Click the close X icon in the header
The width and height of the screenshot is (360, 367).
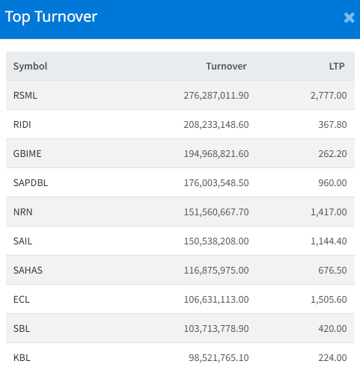pyautogui.click(x=349, y=18)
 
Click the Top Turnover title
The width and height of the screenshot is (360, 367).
pyautogui.click(x=51, y=17)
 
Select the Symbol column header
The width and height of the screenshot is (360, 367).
pyautogui.click(x=30, y=67)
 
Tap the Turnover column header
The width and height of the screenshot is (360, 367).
pyautogui.click(x=226, y=67)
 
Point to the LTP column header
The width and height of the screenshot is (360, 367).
pyautogui.click(x=337, y=67)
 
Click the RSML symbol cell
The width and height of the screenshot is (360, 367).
pyautogui.click(x=25, y=96)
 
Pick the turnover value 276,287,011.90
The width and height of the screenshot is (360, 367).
pyautogui.click(x=216, y=96)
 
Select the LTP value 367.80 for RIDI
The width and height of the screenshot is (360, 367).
pyautogui.click(x=332, y=125)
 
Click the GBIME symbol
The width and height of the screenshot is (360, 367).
pyautogui.click(x=27, y=154)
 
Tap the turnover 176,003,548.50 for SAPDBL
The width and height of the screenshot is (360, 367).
pyautogui.click(x=216, y=183)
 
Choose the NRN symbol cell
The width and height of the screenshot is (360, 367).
pyautogui.click(x=22, y=212)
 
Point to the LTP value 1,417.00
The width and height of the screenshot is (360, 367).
pyautogui.click(x=329, y=212)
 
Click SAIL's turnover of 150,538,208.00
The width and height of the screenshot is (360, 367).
pyautogui.click(x=216, y=241)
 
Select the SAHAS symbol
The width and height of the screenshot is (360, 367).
pyautogui.click(x=28, y=271)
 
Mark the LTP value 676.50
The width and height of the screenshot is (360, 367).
pyautogui.click(x=332, y=271)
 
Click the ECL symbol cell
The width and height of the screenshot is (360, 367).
pyautogui.click(x=21, y=300)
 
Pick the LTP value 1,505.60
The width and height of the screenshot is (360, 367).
pyautogui.click(x=329, y=300)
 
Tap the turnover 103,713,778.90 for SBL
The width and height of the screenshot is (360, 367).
pyautogui.click(x=216, y=329)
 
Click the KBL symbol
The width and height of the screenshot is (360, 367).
pyautogui.click(x=22, y=358)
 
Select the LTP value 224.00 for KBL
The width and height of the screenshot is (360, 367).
pyautogui.click(x=332, y=358)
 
